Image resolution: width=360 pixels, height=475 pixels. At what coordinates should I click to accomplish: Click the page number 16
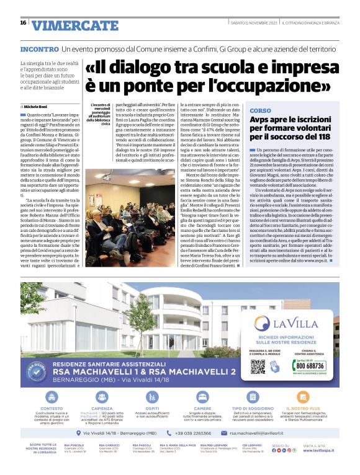click(x=23, y=22)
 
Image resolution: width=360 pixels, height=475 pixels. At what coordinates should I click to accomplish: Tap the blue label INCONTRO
click(x=40, y=48)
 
